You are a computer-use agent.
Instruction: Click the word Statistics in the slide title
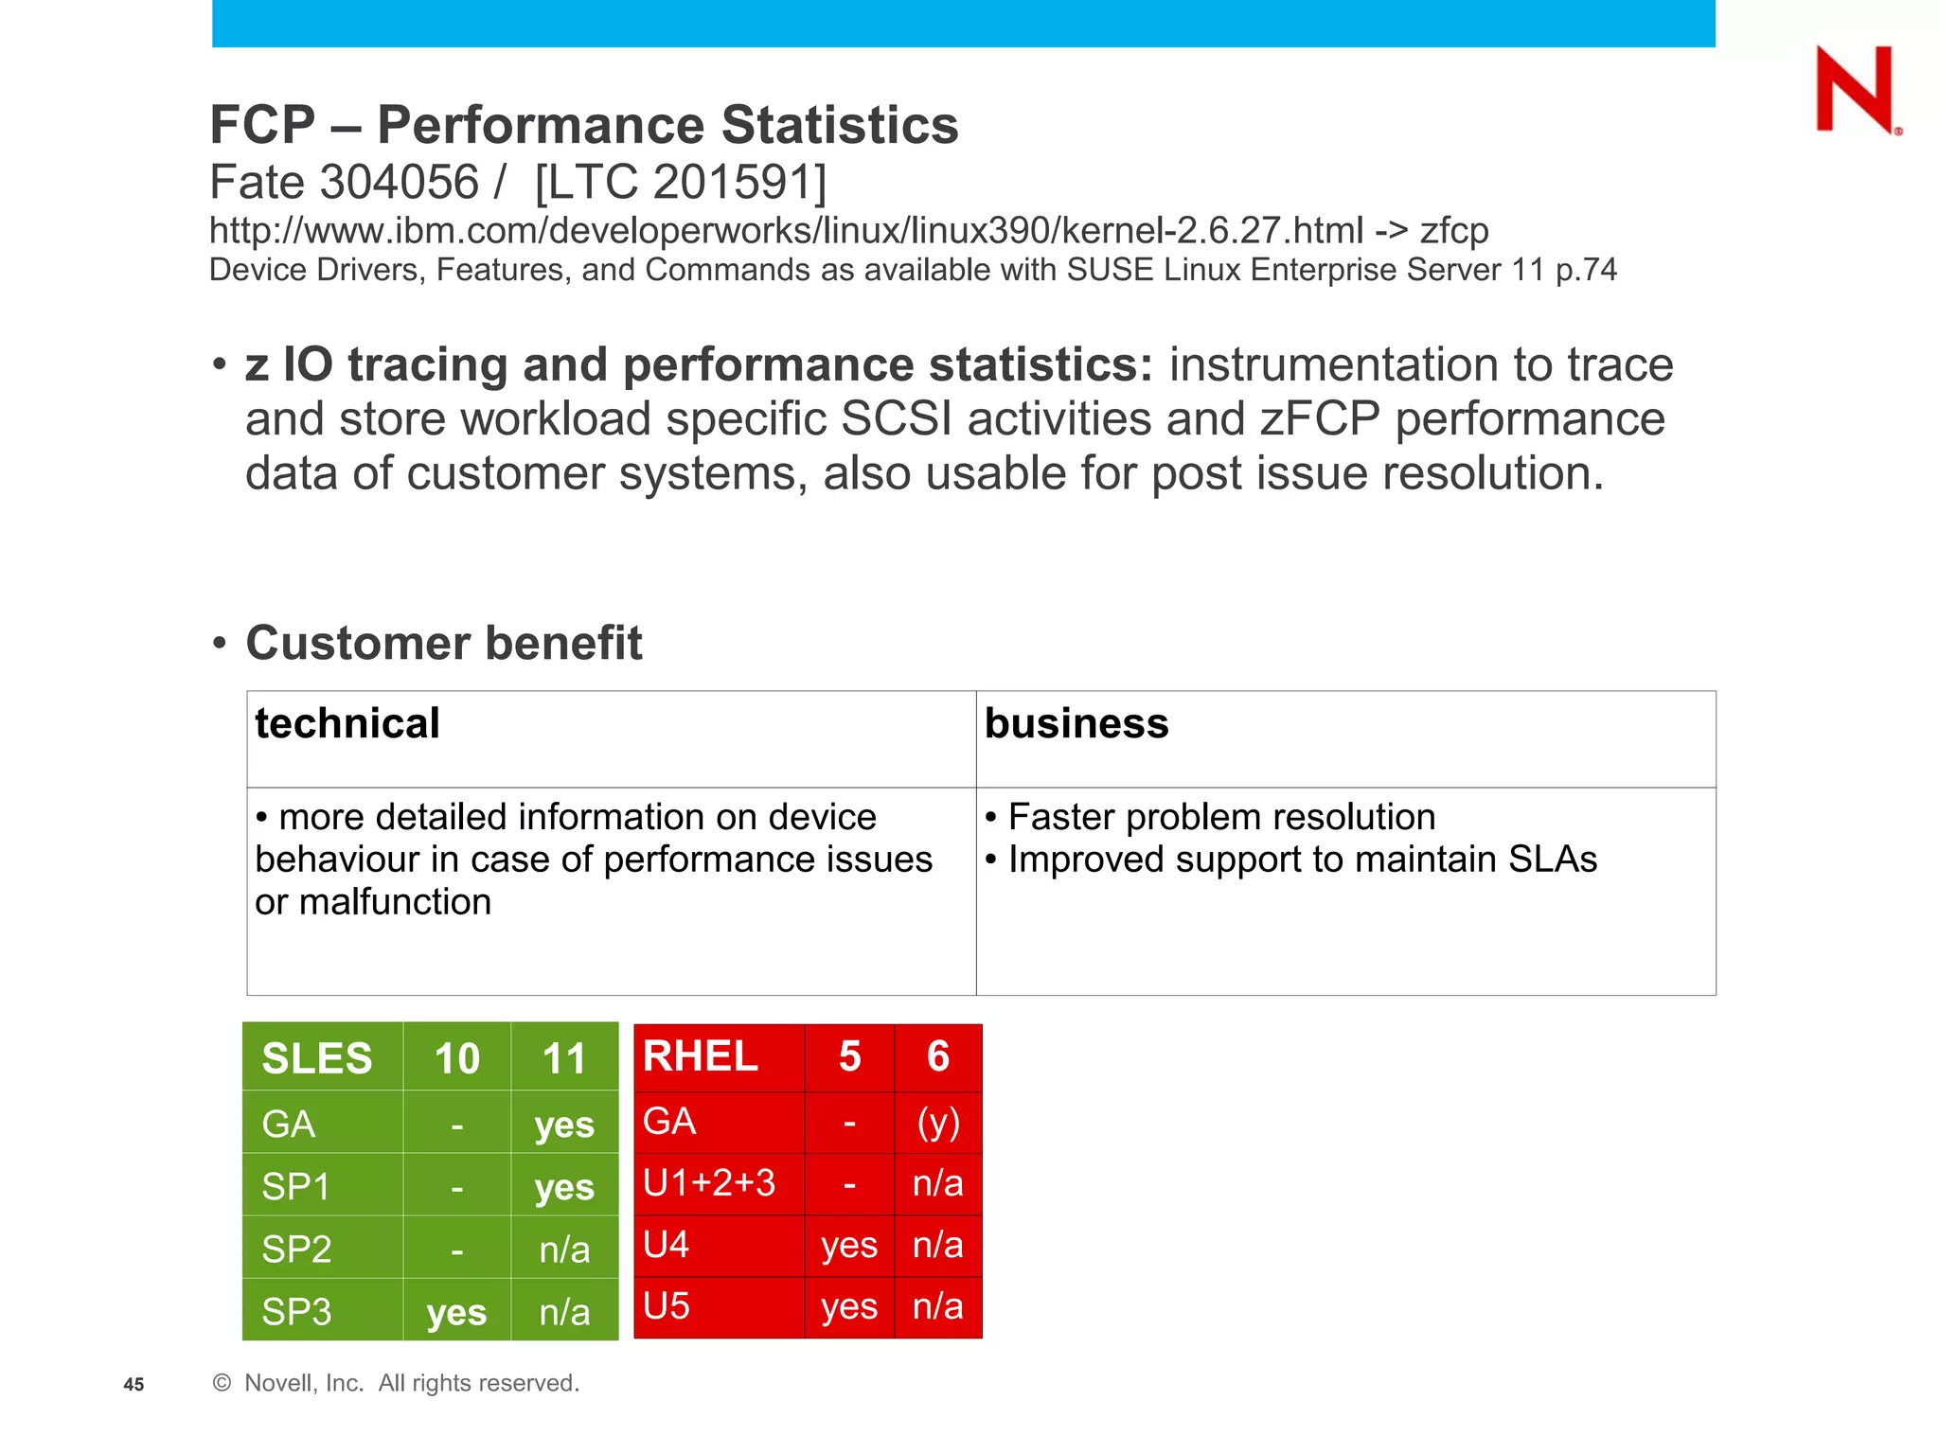point(839,125)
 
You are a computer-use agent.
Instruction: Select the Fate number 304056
point(399,182)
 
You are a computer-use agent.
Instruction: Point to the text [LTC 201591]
point(680,182)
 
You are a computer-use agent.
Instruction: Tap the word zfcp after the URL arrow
point(1453,231)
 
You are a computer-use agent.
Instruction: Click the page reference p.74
point(1586,270)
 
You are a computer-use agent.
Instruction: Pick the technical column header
point(347,723)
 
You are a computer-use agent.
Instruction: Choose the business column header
point(1076,723)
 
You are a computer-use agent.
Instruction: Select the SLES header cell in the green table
point(317,1058)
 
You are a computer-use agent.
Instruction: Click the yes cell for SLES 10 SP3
point(456,1312)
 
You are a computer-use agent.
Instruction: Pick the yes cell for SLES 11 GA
point(564,1125)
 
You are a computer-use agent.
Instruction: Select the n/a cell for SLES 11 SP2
point(564,1250)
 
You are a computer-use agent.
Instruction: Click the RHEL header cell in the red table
point(701,1056)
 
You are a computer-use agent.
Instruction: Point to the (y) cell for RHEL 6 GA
point(938,1122)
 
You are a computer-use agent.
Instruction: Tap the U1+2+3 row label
point(709,1183)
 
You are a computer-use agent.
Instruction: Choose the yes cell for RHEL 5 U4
point(849,1245)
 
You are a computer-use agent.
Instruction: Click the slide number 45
point(133,1385)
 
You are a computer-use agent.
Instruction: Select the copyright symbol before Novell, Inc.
point(222,1383)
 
